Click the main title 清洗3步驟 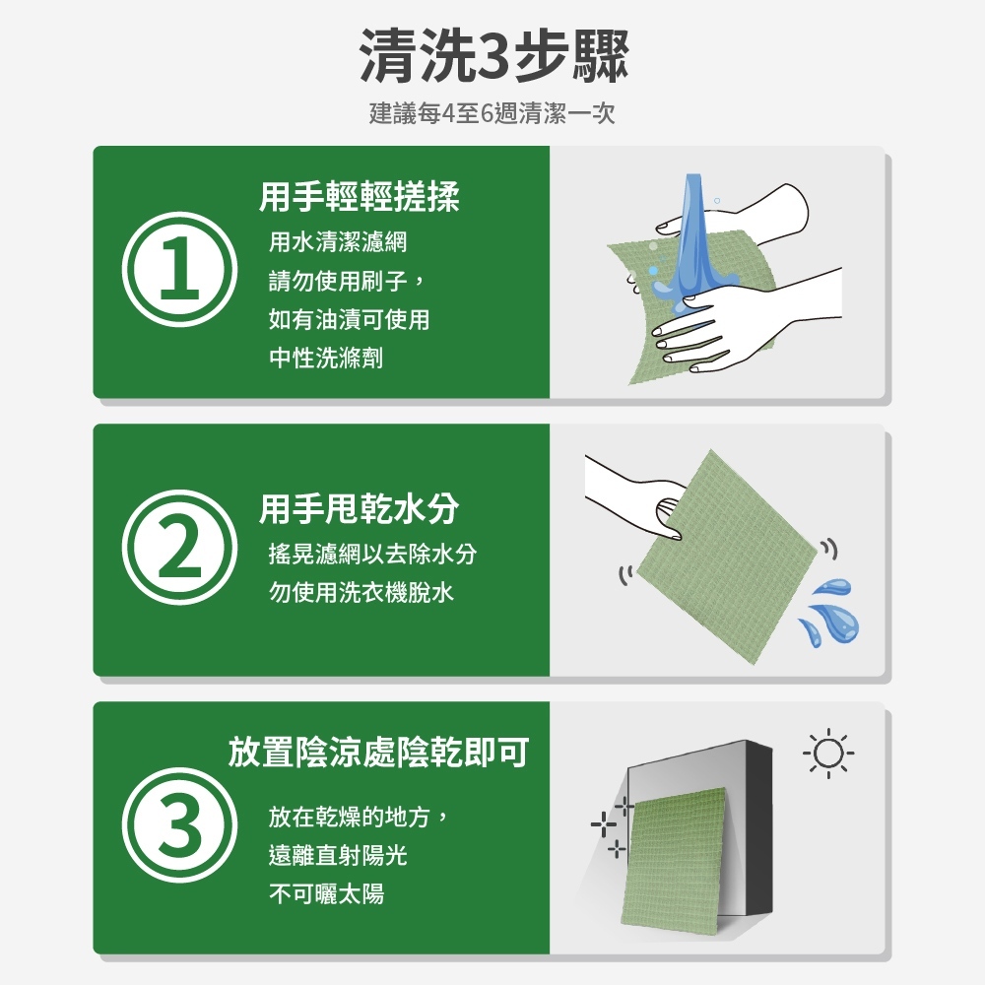(493, 56)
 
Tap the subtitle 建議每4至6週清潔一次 (492, 113)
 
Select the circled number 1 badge (179, 270)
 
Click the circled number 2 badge (179, 547)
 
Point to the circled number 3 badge (179, 824)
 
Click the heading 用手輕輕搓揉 (360, 197)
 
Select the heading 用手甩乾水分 (360, 508)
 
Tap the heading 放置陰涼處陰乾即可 (378, 752)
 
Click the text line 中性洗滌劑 (326, 359)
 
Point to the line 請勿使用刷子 (339, 280)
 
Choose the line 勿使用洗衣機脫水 (361, 592)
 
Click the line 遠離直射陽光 (338, 855)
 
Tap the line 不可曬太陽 (326, 893)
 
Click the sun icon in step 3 (828, 754)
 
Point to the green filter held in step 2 (729, 557)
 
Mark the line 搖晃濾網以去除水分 (372, 554)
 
